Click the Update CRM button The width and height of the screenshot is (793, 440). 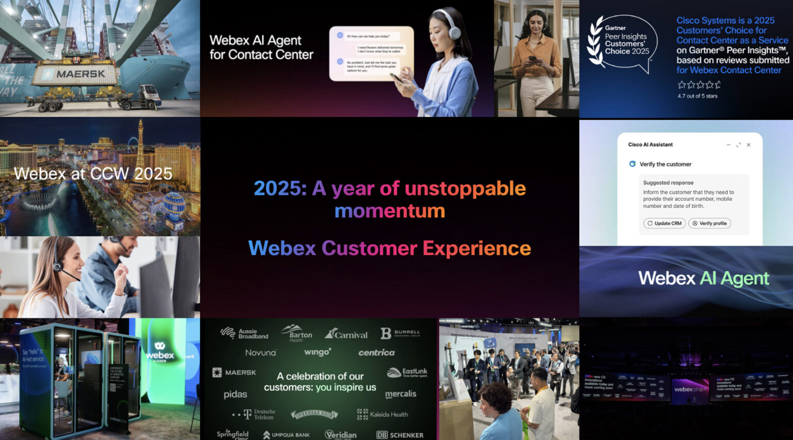(x=664, y=223)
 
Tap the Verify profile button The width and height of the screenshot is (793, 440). (x=709, y=223)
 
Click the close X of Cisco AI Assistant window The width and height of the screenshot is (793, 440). (x=749, y=145)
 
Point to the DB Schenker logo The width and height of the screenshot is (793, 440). (x=400, y=435)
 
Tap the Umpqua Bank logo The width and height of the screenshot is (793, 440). (x=287, y=435)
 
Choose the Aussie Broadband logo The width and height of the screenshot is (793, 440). (x=244, y=334)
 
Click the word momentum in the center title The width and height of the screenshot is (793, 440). (x=389, y=211)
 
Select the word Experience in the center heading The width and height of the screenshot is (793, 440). (x=477, y=248)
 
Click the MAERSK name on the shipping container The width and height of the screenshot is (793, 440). (x=80, y=74)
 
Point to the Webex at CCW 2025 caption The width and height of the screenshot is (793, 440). (x=93, y=174)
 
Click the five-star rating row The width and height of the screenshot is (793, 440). (x=699, y=85)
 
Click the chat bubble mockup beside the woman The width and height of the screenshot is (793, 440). (x=371, y=54)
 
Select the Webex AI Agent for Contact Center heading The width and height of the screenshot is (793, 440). (x=261, y=48)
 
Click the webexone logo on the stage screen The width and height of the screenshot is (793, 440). (x=689, y=389)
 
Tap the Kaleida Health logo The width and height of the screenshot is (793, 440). (x=383, y=414)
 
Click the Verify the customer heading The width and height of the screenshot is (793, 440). (x=665, y=164)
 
